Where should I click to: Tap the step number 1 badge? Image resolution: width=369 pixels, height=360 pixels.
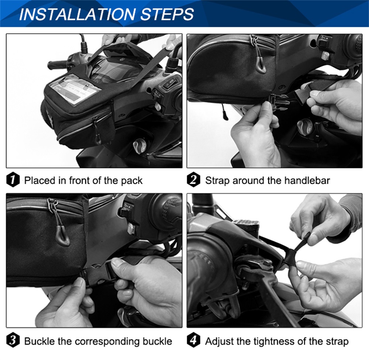13,180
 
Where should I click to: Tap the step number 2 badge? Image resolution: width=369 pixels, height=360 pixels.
193,180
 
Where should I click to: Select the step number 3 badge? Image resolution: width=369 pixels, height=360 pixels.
13,341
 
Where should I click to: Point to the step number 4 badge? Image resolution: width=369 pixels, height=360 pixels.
193,341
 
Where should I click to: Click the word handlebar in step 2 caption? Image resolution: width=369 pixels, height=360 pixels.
307,180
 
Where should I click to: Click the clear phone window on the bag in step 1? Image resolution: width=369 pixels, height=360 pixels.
75,89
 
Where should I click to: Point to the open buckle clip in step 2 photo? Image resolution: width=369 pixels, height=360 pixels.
279,100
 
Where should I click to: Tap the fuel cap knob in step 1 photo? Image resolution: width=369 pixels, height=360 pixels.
139,146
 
